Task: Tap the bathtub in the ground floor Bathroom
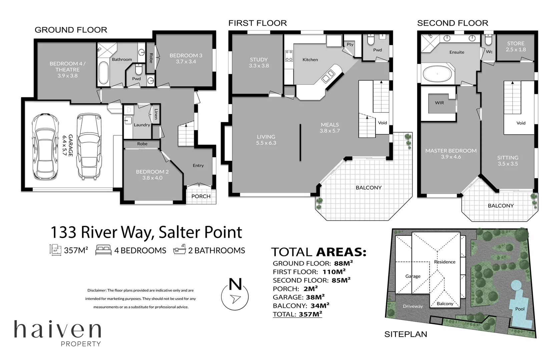point(103,72)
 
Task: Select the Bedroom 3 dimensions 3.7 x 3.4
point(186,62)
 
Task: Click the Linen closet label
point(156,114)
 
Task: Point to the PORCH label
point(201,196)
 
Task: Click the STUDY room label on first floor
point(259,60)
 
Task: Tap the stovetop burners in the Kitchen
point(289,56)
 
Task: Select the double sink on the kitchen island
point(328,76)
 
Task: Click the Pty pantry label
point(350,44)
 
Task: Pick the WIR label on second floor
point(439,103)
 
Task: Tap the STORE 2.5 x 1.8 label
point(516,46)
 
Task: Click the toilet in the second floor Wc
point(488,40)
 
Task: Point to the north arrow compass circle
point(235,297)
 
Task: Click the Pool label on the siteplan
point(520,309)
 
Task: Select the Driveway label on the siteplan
point(413,306)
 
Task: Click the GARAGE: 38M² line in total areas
point(299,297)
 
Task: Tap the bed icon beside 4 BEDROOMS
point(103,250)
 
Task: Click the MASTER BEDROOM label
point(451,151)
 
